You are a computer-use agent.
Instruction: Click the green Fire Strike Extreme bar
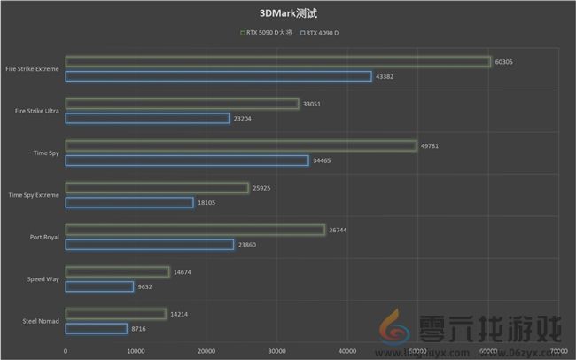277,61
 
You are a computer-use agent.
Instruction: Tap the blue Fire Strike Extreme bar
218,76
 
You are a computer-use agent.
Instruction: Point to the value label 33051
312,104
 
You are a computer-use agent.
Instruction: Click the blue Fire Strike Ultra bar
147,118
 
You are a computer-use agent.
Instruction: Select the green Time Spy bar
240,145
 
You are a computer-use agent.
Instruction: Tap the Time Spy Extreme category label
34,195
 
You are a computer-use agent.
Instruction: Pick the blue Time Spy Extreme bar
129,202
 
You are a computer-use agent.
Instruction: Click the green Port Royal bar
195,230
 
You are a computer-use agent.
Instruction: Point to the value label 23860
247,245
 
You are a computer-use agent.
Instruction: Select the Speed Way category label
43,279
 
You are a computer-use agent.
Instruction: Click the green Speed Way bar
117,272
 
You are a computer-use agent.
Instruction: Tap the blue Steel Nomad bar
96,328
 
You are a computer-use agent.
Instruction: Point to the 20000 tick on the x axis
206,351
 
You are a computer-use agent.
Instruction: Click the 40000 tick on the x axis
347,351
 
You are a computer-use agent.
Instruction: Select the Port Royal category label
44,237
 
